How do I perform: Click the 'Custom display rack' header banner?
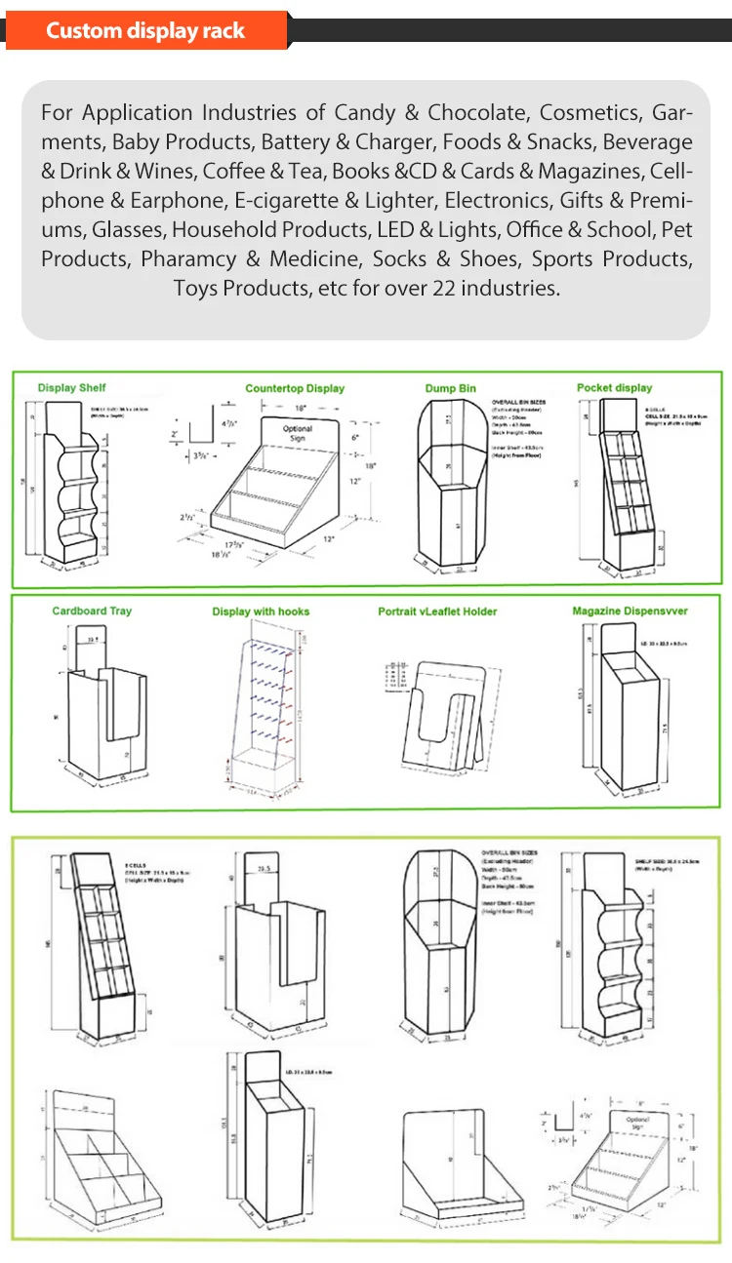145,30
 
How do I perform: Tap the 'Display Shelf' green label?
72,388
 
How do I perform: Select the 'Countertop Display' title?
295,388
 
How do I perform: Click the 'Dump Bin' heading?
450,388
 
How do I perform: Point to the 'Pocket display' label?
614,387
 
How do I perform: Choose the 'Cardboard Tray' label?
92,611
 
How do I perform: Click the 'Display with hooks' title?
261,612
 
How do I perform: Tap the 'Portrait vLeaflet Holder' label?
437,612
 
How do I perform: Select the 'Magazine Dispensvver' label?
630,611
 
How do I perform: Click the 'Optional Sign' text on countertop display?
298,434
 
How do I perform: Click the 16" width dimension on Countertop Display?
302,407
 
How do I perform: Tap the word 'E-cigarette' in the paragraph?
283,200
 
